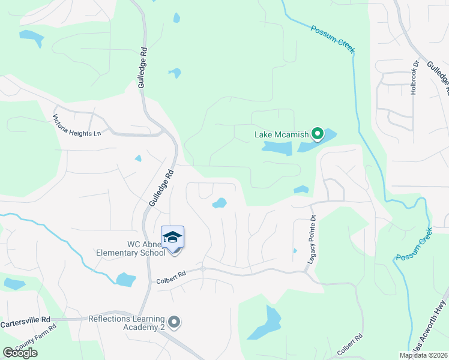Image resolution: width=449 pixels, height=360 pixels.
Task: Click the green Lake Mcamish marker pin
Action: click(x=318, y=134)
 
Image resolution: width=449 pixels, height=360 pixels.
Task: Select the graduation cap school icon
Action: click(x=173, y=237)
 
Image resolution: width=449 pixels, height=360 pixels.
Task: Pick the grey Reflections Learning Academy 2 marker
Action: click(x=175, y=323)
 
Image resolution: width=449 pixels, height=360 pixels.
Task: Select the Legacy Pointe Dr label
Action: click(x=312, y=238)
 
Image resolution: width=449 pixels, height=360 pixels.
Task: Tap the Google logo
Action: click(x=20, y=353)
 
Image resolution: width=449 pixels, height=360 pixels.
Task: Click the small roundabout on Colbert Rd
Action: click(x=203, y=268)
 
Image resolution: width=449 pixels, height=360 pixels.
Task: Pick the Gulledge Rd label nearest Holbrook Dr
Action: click(x=437, y=76)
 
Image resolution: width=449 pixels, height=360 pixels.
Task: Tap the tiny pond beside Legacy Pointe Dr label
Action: click(x=295, y=251)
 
